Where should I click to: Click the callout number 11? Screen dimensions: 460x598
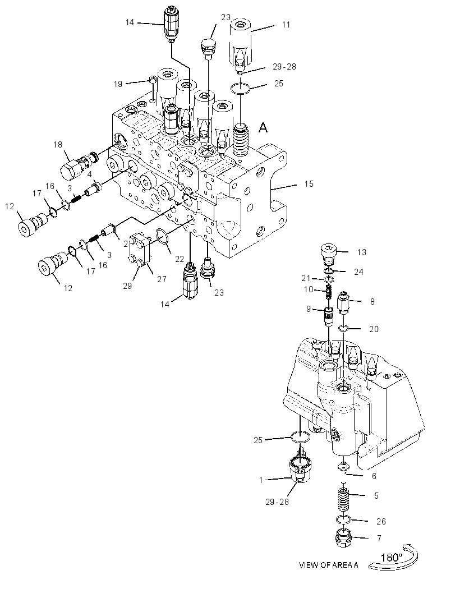[286, 25]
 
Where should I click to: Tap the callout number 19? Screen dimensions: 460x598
[118, 84]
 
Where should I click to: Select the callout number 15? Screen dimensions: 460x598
[309, 184]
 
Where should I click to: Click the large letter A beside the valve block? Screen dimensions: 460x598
[263, 128]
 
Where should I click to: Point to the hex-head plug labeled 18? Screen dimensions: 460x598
[78, 167]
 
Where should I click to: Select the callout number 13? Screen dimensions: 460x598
[362, 252]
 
